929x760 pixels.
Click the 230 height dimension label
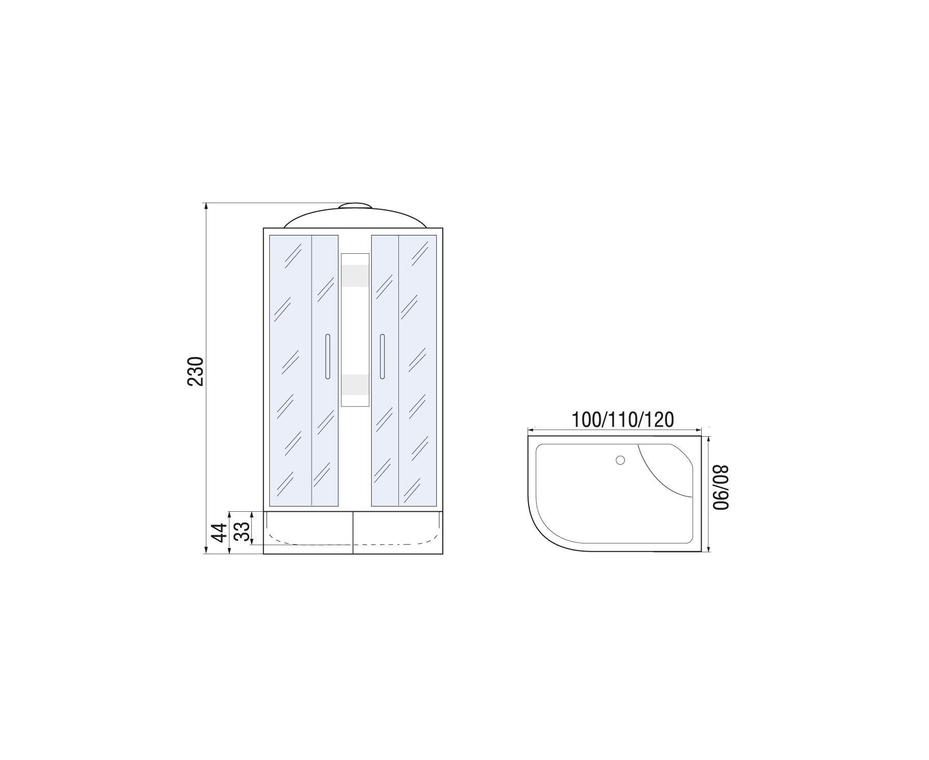pos(196,371)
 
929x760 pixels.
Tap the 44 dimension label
pos(220,533)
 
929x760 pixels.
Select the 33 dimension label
pos(244,531)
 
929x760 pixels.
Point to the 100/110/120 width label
pos(623,419)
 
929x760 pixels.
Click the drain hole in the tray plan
pos(621,460)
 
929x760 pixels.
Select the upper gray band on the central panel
pos(355,275)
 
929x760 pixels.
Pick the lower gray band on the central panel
pos(355,385)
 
